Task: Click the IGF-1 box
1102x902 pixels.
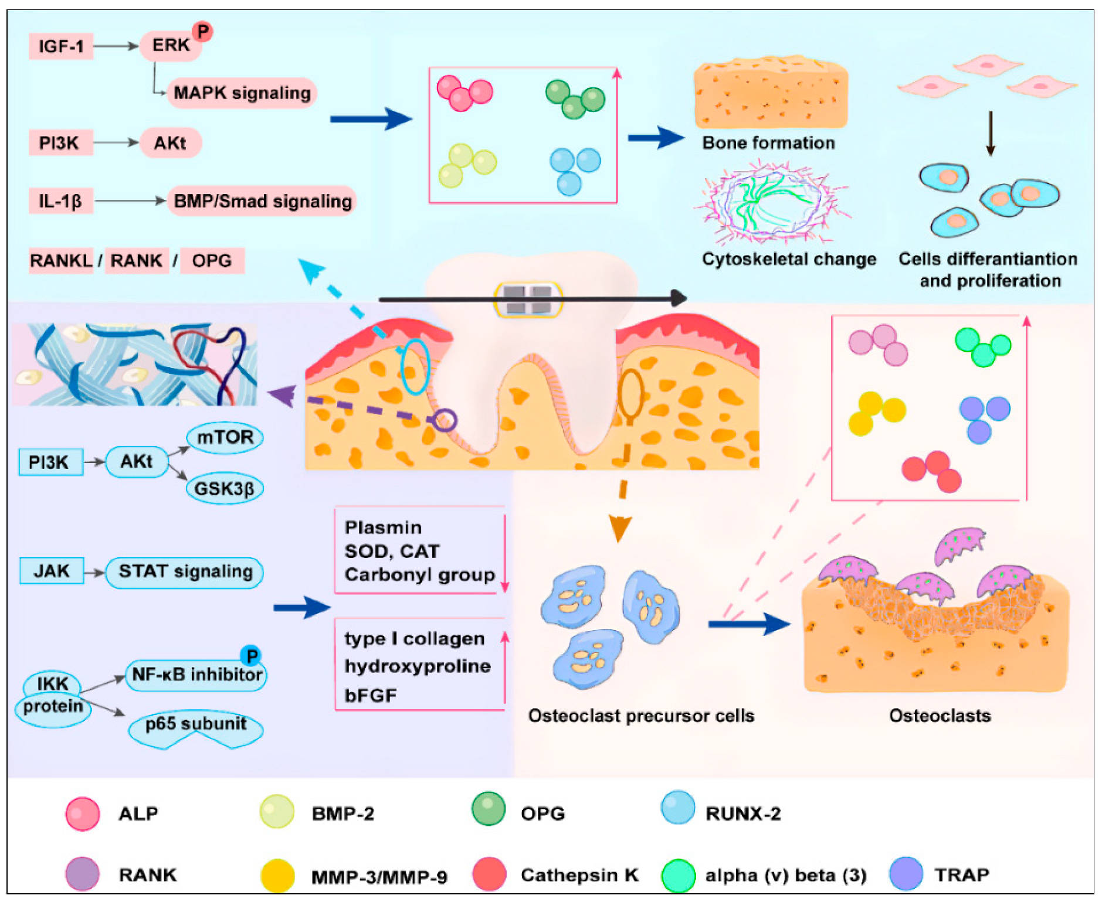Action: point(61,46)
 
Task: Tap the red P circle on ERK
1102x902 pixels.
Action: point(202,30)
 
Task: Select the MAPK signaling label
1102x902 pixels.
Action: point(242,93)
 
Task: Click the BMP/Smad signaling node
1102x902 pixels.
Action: point(262,201)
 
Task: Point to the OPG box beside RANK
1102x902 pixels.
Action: point(212,260)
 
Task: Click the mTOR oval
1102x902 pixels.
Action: point(225,437)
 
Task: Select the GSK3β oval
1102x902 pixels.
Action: point(224,488)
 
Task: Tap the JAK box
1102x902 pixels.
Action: point(52,571)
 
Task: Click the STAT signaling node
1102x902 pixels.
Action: point(185,572)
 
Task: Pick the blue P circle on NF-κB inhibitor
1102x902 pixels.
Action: point(251,655)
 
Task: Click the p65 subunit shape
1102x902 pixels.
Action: point(195,727)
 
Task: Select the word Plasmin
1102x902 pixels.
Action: point(382,527)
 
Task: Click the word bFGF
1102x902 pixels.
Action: point(371,695)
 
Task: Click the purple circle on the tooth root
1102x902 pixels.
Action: point(446,420)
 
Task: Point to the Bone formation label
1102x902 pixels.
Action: point(768,143)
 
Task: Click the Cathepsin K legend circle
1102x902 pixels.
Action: point(489,874)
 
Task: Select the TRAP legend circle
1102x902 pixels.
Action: point(906,873)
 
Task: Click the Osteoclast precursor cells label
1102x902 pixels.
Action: point(641,716)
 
